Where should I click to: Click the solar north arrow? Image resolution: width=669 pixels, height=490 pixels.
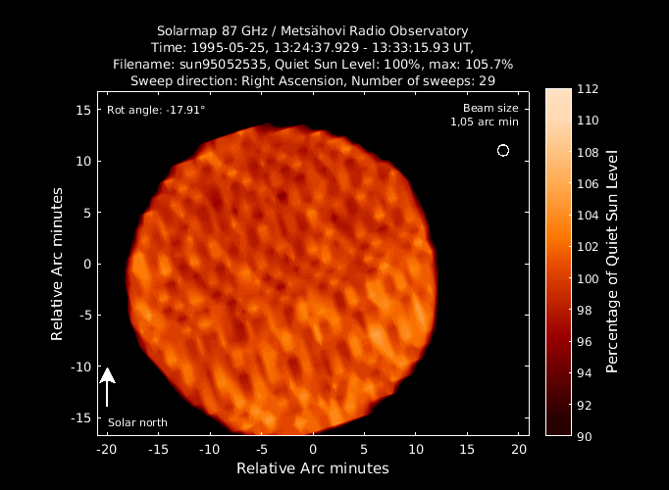pos(107,387)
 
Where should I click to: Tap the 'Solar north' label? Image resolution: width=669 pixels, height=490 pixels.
pos(137,422)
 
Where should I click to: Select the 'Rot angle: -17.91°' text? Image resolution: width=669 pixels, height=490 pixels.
pos(156,110)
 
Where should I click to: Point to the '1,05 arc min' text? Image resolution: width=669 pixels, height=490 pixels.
pos(485,122)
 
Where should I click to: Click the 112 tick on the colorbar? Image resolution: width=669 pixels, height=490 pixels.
pos(588,89)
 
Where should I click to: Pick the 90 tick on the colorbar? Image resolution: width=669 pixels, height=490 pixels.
pos(585,437)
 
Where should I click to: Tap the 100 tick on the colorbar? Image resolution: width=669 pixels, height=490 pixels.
pos(588,278)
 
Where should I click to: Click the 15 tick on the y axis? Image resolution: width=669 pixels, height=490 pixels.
pos(83,110)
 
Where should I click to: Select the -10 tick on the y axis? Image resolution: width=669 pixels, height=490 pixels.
pos(81,367)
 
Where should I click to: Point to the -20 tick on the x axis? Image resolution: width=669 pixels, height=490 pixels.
pos(107,450)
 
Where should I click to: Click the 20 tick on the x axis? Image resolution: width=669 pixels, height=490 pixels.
pos(519,450)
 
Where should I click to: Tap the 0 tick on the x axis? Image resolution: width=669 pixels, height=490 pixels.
pos(313,450)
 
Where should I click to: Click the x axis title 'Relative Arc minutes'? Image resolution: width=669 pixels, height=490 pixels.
pos(313,468)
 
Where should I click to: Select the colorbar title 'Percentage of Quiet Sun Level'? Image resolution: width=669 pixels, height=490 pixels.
pos(612,262)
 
